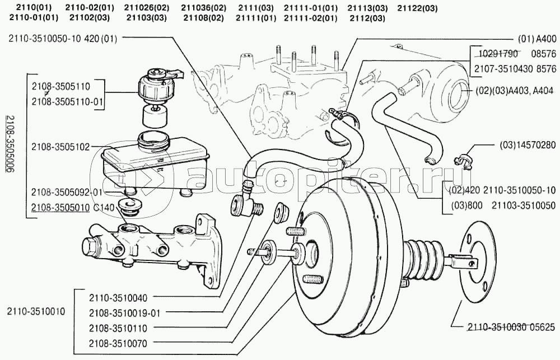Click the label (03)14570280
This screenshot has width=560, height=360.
(x=527, y=144)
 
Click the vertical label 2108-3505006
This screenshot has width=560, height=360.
(x=9, y=144)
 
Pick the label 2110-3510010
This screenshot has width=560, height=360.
(x=36, y=311)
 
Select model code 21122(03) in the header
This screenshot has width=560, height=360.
(x=417, y=8)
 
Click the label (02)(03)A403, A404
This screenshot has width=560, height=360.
(x=515, y=90)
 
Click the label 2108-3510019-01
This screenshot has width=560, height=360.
(x=124, y=313)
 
